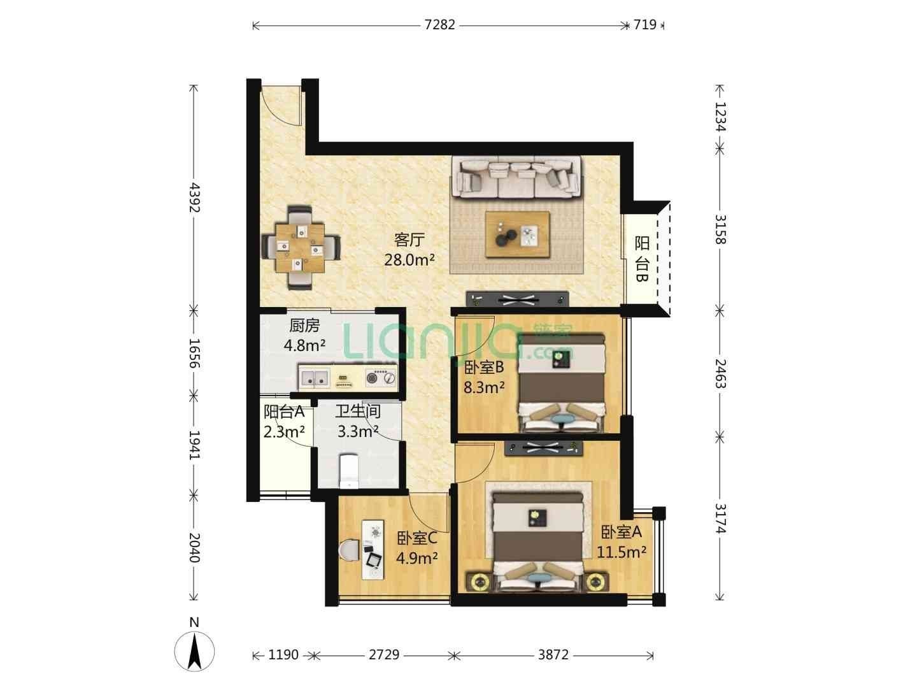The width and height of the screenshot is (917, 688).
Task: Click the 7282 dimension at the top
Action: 439,25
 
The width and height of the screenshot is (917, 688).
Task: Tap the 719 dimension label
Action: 644,25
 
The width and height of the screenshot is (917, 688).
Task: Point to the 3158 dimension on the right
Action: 720,229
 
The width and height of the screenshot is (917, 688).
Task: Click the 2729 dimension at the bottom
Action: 384,654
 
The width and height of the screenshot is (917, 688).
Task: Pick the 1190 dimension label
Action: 283,654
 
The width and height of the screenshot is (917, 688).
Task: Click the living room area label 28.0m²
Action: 409,260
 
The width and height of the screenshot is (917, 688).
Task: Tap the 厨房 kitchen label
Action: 304,326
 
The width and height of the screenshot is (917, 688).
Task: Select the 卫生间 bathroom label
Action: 358,411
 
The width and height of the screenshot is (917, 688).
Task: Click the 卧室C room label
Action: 417,538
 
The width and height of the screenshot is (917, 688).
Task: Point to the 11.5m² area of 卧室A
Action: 622,552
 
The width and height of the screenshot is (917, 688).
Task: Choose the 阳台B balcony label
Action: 642,259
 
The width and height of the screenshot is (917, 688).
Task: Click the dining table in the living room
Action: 299,248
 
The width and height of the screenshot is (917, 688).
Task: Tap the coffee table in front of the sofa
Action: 518,234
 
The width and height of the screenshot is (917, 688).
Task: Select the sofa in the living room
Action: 518,178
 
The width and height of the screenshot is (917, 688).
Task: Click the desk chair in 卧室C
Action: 349,550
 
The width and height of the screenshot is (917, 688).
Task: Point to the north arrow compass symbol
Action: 194,651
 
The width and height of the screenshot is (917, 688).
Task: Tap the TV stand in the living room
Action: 518,299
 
